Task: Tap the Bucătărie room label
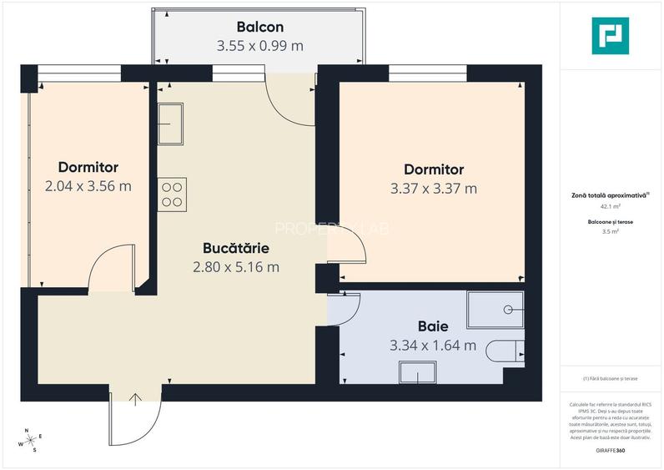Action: point(235,248)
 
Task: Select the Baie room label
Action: point(433,326)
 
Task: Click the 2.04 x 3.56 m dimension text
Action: point(88,185)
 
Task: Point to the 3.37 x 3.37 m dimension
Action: point(433,188)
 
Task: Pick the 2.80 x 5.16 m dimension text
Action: point(235,267)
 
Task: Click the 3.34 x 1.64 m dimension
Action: point(433,345)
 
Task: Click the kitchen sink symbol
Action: point(172,124)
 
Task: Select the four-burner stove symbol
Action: point(173,194)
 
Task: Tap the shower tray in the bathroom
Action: point(495,309)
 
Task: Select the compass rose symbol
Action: point(31,439)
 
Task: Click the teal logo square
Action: point(610,36)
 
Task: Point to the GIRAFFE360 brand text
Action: point(610,451)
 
